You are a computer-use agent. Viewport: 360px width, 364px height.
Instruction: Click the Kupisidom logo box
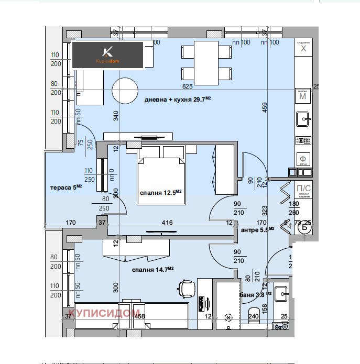pos(108,55)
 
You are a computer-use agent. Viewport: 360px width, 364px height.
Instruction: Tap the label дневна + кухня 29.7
pos(178,100)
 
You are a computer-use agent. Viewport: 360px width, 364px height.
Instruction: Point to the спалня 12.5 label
pos(160,192)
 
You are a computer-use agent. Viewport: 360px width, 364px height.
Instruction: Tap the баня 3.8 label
pos(255,294)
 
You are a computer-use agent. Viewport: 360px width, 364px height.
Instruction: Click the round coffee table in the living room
pos(125,89)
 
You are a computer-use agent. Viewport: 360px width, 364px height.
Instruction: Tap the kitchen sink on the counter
pos(303,120)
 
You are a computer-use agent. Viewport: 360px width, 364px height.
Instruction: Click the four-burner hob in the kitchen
pos(303,140)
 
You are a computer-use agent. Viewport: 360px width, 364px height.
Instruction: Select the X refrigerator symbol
pos(303,49)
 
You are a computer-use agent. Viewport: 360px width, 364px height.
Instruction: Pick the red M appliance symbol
pos(302,96)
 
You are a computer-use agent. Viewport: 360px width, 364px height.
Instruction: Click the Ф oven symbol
pos(303,159)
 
